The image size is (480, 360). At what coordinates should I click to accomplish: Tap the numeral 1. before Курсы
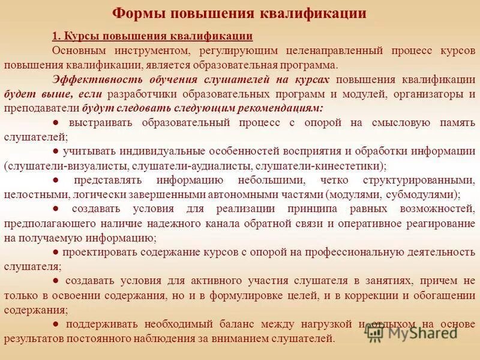pyautogui.click(x=56, y=37)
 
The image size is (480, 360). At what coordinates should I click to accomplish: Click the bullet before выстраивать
pyautogui.click(x=56, y=122)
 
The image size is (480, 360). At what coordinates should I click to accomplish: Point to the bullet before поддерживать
pyautogui.click(x=56, y=324)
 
